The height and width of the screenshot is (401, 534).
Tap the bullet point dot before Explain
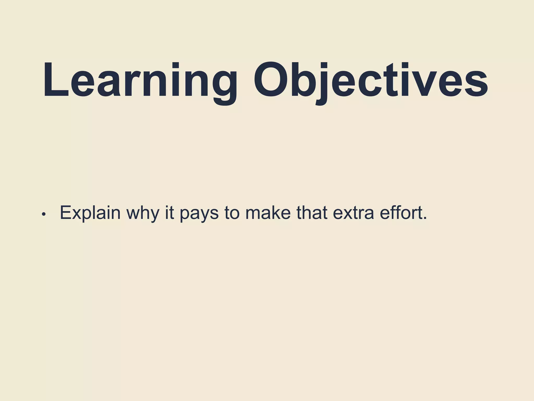pos(44,214)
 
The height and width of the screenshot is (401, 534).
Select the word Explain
pos(90,213)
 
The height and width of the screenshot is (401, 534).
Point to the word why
pos(143,213)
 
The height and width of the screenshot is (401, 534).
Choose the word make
pos(268,213)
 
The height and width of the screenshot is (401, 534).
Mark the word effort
pos(401,213)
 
